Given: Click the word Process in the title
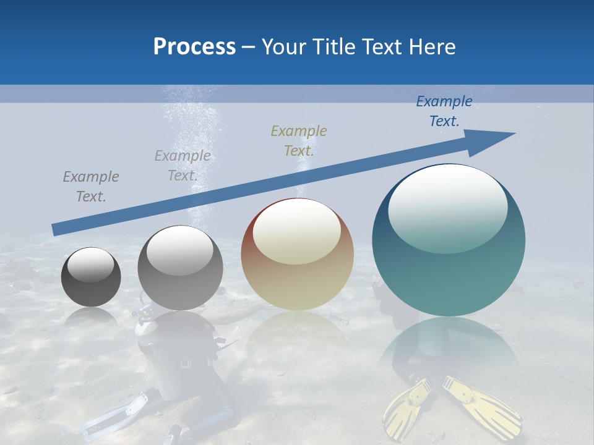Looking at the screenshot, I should coord(194,47).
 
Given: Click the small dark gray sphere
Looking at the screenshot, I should coord(91,277).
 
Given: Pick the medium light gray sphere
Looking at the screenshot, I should coord(180,268).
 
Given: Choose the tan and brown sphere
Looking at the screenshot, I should coord(298,254).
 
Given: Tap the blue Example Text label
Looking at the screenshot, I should coord(444,111).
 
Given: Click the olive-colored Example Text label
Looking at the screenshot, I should coord(299,140).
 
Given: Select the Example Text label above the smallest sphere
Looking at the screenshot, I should coord(91,186).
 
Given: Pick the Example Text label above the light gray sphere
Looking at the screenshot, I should coord(183,165).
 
